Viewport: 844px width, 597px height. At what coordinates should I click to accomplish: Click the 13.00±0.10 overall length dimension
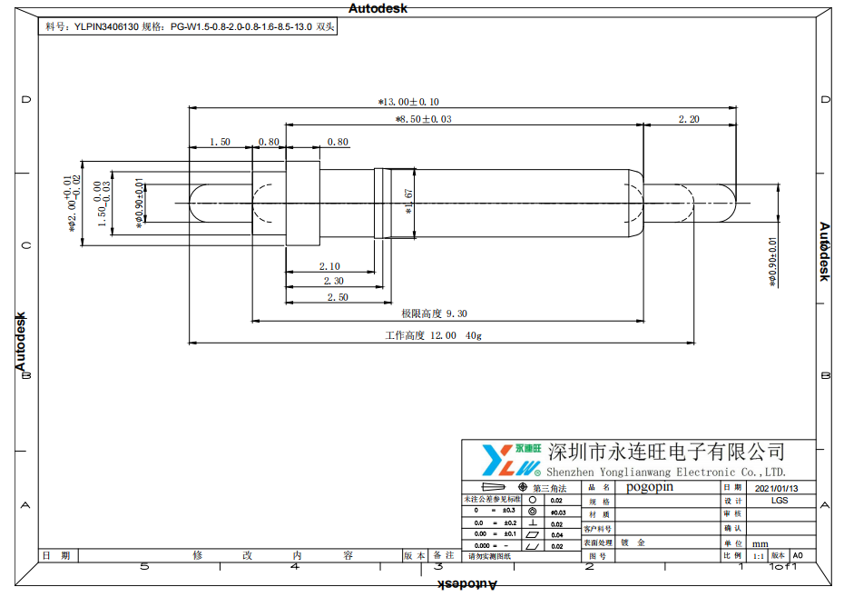[408, 102]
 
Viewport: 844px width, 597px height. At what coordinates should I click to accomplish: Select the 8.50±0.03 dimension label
[424, 119]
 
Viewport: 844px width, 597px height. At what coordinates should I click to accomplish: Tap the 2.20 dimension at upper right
[689, 119]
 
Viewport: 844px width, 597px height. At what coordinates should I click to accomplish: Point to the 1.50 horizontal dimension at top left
[220, 142]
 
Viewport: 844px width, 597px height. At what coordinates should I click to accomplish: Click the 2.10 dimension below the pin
[329, 266]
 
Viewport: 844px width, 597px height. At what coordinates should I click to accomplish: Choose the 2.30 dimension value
[333, 282]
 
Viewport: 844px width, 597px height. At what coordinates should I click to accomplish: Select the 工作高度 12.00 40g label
[433, 336]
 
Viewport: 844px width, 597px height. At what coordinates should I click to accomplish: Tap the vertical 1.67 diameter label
[408, 201]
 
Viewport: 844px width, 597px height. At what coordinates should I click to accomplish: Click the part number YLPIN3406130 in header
[103, 27]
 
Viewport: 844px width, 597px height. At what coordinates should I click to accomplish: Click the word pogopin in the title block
[650, 487]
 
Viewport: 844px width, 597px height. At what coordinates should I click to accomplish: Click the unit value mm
[760, 543]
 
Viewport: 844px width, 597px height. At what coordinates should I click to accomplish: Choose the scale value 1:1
[759, 555]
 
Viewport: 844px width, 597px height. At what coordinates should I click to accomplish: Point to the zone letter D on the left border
[25, 100]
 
